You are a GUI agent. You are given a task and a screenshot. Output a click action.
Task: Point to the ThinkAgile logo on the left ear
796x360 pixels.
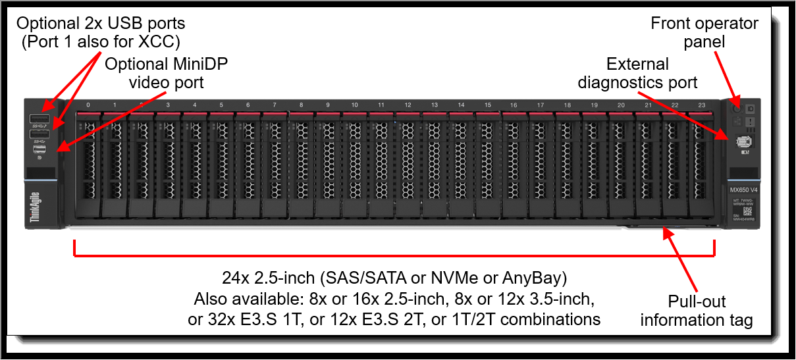[36, 209]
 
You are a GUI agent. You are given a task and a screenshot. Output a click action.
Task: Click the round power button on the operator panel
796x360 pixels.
[737, 107]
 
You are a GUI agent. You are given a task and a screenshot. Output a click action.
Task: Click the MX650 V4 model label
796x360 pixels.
[742, 190]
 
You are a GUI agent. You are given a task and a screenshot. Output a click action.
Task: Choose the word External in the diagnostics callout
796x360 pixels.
[637, 64]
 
